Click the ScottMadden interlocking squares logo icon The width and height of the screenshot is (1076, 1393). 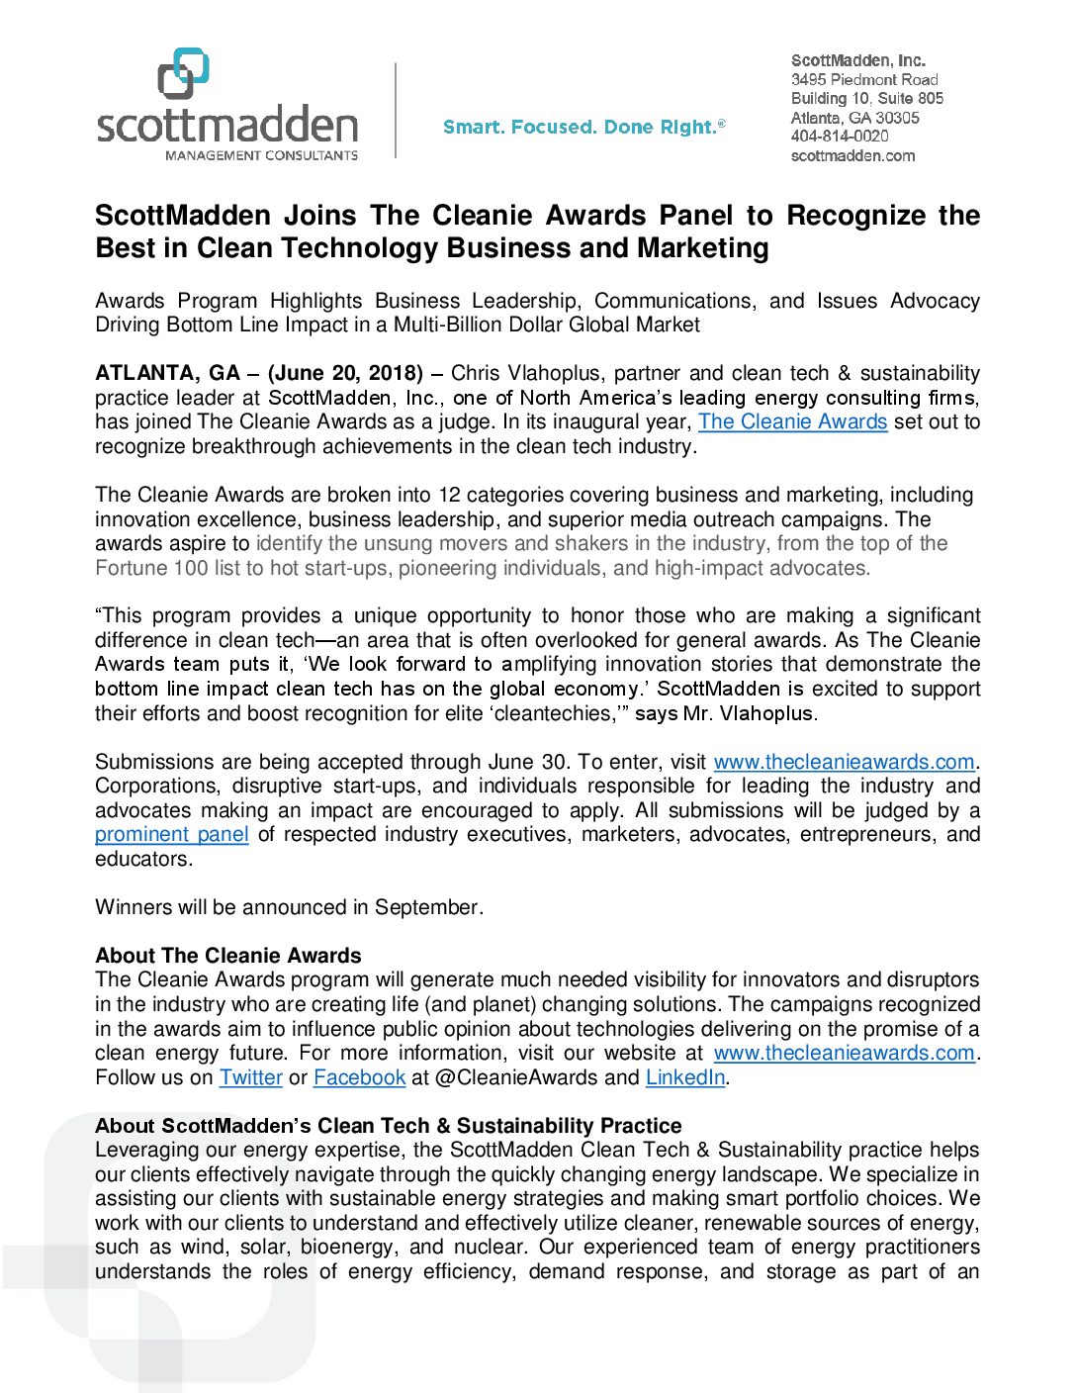(184, 73)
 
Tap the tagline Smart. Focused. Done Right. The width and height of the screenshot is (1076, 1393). (583, 127)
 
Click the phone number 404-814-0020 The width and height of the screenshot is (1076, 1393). (840, 136)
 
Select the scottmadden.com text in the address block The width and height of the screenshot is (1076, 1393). (852, 155)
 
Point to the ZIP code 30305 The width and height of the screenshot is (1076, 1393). (897, 117)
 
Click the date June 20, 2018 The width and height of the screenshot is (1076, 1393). (345, 373)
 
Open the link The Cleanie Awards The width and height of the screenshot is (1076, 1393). (792, 421)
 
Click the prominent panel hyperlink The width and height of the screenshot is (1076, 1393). (171, 834)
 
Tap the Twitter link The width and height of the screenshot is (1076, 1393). (251, 1077)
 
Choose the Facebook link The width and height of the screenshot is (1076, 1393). (359, 1077)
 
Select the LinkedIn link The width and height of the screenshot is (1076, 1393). (685, 1077)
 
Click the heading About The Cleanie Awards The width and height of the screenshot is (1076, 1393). (228, 956)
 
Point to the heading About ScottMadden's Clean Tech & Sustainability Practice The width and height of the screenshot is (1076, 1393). (389, 1126)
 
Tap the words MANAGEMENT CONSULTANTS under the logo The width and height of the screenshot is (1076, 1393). (261, 155)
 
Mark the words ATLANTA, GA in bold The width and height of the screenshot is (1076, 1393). (167, 373)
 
